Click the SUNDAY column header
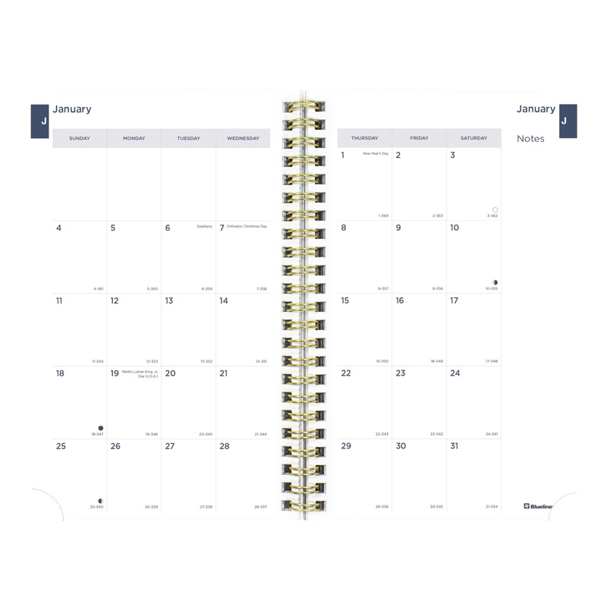point(80,138)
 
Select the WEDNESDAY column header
point(243,138)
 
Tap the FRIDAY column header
point(419,138)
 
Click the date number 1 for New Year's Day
point(343,156)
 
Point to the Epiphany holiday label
point(204,226)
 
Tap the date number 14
point(224,300)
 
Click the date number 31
point(454,446)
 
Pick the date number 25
point(61,446)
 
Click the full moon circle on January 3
point(495,209)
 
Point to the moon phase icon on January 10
point(495,282)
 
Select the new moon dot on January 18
point(100,428)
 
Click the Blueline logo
point(539,506)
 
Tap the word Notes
point(530,139)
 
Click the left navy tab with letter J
point(40,121)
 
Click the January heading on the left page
point(72,109)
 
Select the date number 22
point(346,373)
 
